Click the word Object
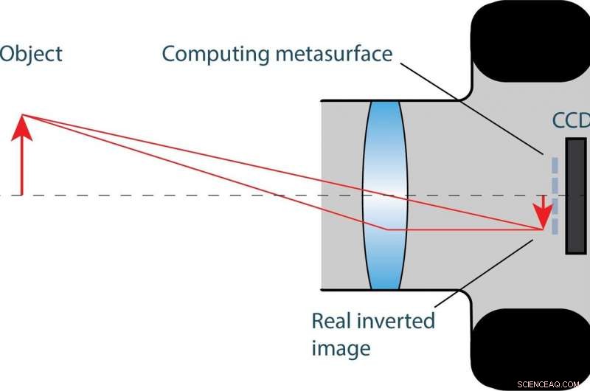(x=31, y=54)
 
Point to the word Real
(x=333, y=321)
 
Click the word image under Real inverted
(x=340, y=347)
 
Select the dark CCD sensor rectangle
(x=576, y=195)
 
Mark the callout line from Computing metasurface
(x=472, y=107)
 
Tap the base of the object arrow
(x=23, y=194)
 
